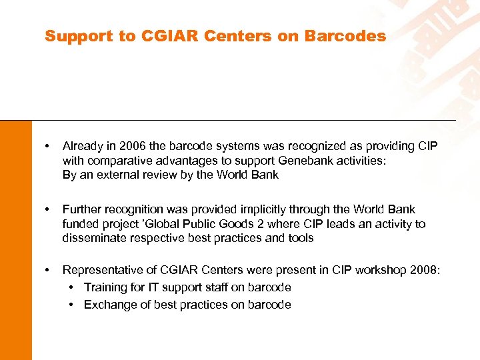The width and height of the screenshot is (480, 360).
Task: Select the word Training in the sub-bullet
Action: pos(105,287)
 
